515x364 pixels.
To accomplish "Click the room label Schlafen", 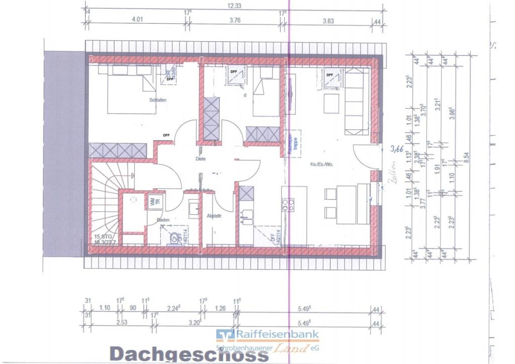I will (x=157, y=100).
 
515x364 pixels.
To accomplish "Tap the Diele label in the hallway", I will (x=201, y=159).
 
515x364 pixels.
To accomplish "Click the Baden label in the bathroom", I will (x=163, y=220).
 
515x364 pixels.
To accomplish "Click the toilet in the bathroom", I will (x=176, y=237).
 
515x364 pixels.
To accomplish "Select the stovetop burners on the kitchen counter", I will (x=289, y=204).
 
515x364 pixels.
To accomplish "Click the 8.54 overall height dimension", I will (x=467, y=156).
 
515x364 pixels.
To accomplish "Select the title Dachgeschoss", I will (x=189, y=354).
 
